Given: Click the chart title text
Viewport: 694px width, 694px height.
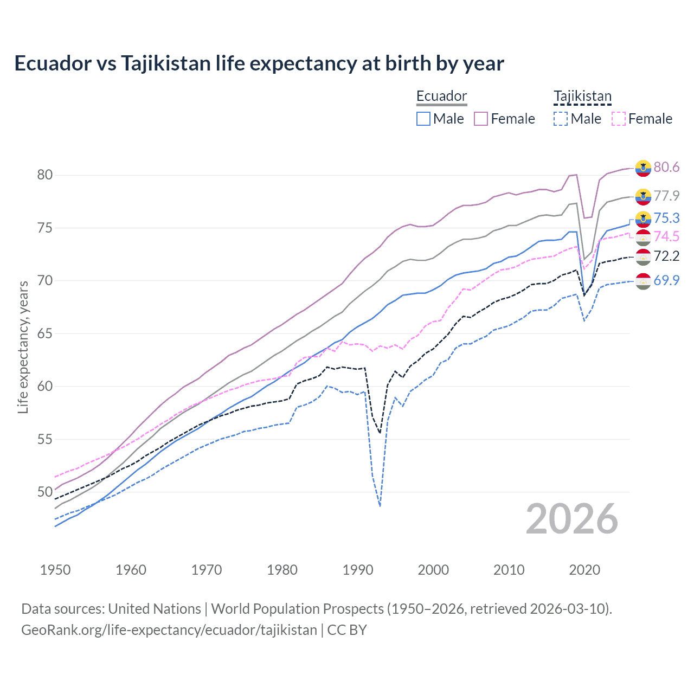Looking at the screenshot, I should coord(259,63).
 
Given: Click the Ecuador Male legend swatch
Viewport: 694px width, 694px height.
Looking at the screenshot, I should coord(423,119).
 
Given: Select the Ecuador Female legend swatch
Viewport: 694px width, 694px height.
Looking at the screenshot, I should coord(481,119).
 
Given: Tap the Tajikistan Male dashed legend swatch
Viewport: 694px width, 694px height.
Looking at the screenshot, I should coord(561,119).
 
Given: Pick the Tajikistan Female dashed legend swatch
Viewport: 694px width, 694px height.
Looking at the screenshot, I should coord(618,119).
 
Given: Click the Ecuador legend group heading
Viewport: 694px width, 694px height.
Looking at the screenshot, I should coord(441,97).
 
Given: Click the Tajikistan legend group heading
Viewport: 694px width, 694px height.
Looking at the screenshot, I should coord(582,97).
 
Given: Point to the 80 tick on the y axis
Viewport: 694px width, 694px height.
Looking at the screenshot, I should coord(45,175).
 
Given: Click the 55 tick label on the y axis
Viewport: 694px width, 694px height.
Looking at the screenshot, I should coord(45,439).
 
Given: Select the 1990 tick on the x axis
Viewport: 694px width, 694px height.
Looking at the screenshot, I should coord(358,570).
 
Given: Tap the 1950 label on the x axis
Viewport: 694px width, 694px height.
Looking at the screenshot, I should coord(55,570).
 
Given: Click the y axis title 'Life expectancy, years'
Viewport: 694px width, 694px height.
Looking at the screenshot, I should coord(23,347).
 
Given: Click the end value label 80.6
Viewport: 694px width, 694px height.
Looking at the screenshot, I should coord(666,167).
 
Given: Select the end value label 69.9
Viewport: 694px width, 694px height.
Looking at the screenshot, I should coord(666,280).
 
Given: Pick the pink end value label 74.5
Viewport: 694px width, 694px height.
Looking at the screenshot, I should coord(666,236).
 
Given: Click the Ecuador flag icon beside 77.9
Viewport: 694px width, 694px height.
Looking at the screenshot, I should coord(643,196).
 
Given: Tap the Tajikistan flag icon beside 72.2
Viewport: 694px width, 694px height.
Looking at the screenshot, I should coord(643,256).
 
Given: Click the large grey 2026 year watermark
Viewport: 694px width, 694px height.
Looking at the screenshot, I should coord(572,519).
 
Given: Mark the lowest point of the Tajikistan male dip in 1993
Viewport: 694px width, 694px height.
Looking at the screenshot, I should coord(380,506).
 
